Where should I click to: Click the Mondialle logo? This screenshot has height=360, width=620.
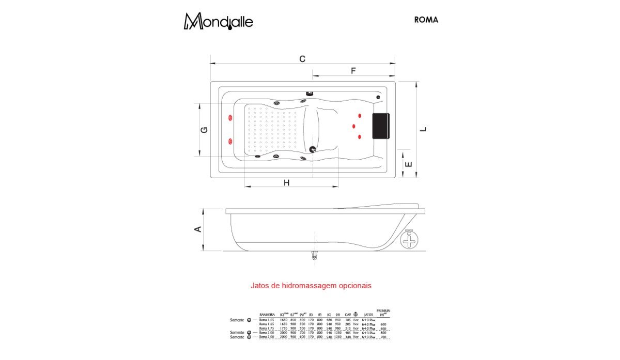(x=219, y=21)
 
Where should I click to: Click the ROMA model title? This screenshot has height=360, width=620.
(x=426, y=20)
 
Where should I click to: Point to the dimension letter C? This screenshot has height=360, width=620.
(x=302, y=58)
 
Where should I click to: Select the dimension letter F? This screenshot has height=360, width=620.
(x=353, y=71)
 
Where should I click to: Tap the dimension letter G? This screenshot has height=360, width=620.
(x=204, y=130)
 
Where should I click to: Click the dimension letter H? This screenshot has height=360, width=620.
(x=286, y=182)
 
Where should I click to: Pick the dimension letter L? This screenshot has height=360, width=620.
(x=423, y=129)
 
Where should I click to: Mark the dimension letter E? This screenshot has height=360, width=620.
(x=408, y=164)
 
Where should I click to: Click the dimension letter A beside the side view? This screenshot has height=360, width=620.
(x=197, y=229)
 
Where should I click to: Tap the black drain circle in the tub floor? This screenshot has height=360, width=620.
(x=312, y=149)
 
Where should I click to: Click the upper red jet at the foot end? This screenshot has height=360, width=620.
(x=229, y=119)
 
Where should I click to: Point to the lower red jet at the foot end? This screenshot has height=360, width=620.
(x=229, y=140)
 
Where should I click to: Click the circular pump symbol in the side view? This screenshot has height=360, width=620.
(x=409, y=240)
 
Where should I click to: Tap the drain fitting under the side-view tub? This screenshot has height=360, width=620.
(x=312, y=255)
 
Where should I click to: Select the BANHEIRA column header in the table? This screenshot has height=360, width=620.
(x=267, y=314)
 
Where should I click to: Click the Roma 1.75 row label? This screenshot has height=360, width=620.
(x=267, y=328)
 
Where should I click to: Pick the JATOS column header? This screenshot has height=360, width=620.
(x=368, y=314)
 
